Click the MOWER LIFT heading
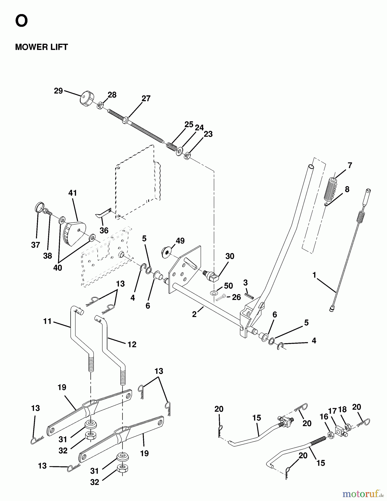(x=41, y=47)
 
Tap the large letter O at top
(x=21, y=21)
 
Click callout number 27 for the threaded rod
(x=146, y=99)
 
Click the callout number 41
(x=73, y=193)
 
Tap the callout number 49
(x=180, y=241)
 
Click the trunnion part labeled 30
(x=213, y=276)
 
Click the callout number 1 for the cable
(x=314, y=275)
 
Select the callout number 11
(x=47, y=321)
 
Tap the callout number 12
(x=132, y=344)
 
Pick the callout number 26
(x=236, y=297)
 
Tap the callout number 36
(x=104, y=230)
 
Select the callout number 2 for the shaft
(x=194, y=315)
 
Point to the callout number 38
(x=48, y=256)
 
